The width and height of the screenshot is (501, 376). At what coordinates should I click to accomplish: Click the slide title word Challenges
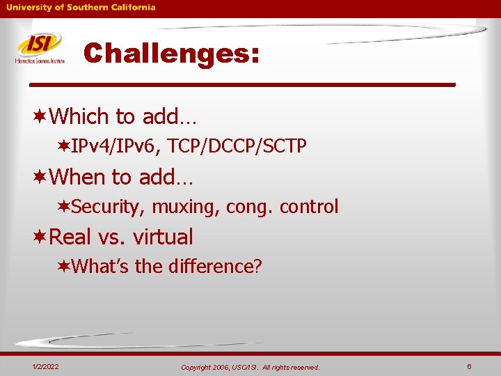click(170, 53)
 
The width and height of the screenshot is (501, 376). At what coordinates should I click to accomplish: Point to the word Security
click(109, 207)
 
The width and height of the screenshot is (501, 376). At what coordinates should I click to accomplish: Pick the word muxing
click(182, 207)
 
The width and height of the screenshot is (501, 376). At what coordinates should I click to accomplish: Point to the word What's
click(100, 266)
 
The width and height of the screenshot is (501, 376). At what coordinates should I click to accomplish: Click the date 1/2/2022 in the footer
click(45, 366)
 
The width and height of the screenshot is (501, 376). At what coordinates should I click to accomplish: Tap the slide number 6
click(470, 366)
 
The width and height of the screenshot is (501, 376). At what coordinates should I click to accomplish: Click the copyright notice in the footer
click(250, 367)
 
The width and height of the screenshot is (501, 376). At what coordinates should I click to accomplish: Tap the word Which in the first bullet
click(79, 116)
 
